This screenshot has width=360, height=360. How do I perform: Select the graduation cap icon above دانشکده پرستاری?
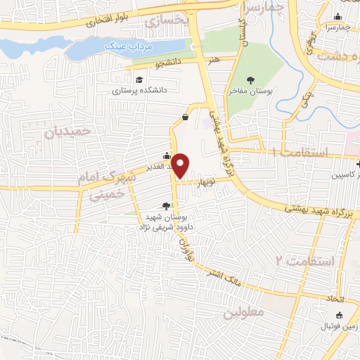(x=140, y=80)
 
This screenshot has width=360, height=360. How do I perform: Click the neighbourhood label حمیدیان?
(x=69, y=131)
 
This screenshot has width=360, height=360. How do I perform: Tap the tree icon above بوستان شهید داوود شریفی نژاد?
(x=166, y=205)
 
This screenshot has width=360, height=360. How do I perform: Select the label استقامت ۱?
(x=304, y=153)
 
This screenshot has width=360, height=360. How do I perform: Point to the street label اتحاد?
(x=333, y=300)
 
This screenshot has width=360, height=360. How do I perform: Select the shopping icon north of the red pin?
(x=185, y=117)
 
